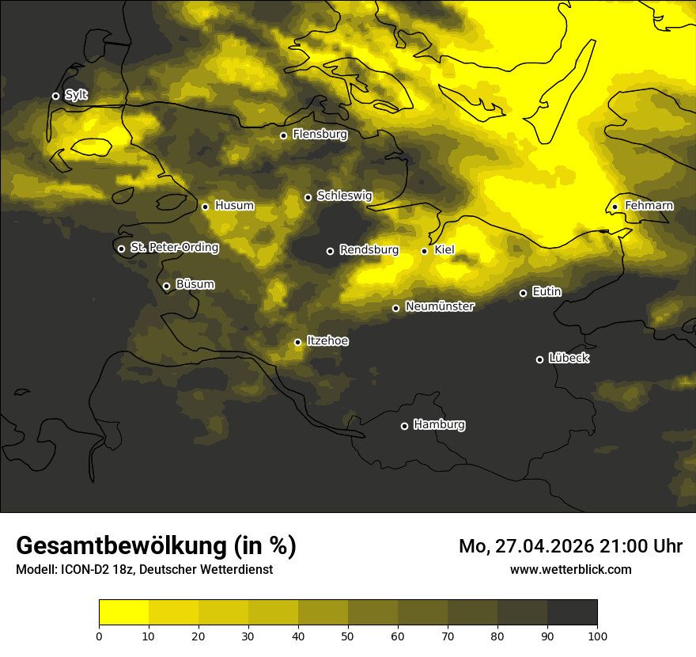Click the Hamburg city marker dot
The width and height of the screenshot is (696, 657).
pos(404,426)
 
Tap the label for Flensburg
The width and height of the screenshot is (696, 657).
pos(320,135)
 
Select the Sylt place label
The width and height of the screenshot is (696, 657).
pos(77,95)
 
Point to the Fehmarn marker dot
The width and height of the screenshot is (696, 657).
pos(615,207)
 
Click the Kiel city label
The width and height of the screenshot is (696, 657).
pos(444,250)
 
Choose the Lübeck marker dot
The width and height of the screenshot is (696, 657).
pos(539,359)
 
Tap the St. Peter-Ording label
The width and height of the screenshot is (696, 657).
pos(174,248)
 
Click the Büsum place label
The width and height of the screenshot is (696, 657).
pos(195,284)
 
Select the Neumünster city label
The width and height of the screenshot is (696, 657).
pos(439,306)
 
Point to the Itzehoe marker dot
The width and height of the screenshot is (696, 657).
pos(297,342)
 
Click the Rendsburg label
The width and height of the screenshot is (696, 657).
pos(369,250)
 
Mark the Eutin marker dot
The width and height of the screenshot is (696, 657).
pos(523,293)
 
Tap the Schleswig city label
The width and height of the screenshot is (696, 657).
pos(344,196)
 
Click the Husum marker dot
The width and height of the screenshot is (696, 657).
pos(205,207)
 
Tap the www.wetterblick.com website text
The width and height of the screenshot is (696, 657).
pos(570,569)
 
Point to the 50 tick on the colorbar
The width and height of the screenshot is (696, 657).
pos(348,635)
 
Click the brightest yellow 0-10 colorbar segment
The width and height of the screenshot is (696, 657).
pos(123,612)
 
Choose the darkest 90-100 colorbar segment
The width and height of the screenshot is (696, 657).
pos(572,612)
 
